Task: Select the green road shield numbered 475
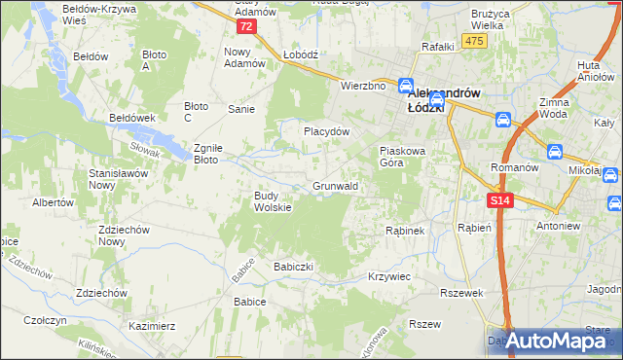point(474,40)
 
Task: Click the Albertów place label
point(54,203)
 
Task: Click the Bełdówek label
point(133,117)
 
